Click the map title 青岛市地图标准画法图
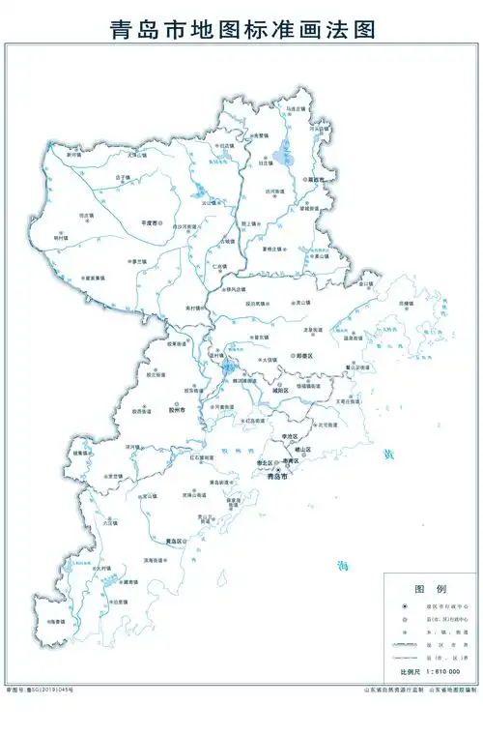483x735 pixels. pyautogui.click(x=241, y=29)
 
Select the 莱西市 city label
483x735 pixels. pyautogui.click(x=316, y=180)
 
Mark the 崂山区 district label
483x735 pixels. pyautogui.click(x=299, y=451)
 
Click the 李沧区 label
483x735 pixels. pyautogui.click(x=288, y=437)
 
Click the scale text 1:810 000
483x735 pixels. pyautogui.click(x=441, y=671)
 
